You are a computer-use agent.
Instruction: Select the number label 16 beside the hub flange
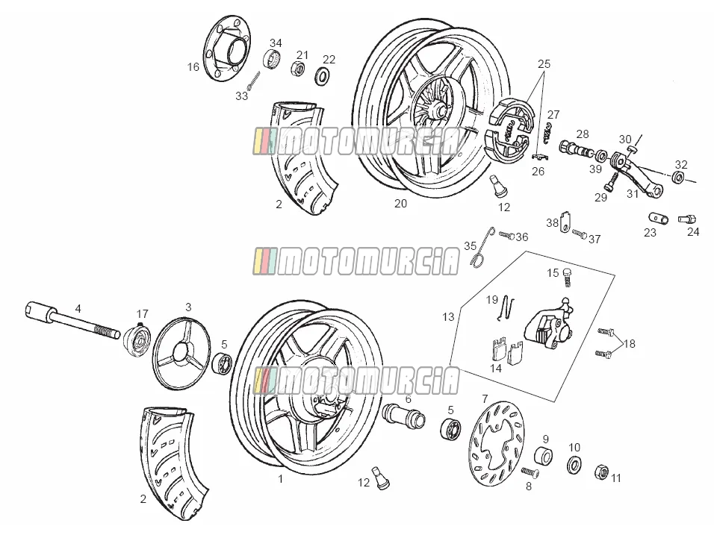(x=193, y=67)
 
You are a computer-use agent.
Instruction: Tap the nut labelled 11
(x=602, y=472)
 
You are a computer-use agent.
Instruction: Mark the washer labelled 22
(x=323, y=75)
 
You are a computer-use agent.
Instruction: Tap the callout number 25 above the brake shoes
(x=544, y=64)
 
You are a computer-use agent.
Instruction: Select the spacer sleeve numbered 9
(x=543, y=457)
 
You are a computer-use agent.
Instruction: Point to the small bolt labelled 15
(x=567, y=277)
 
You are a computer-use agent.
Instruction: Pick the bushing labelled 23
(x=659, y=219)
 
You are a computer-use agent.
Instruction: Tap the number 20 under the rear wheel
(x=400, y=204)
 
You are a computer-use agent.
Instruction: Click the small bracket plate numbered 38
(x=565, y=222)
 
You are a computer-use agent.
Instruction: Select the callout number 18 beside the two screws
(x=630, y=343)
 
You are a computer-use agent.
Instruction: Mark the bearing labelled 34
(x=272, y=59)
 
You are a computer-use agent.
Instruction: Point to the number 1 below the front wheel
(x=281, y=478)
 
